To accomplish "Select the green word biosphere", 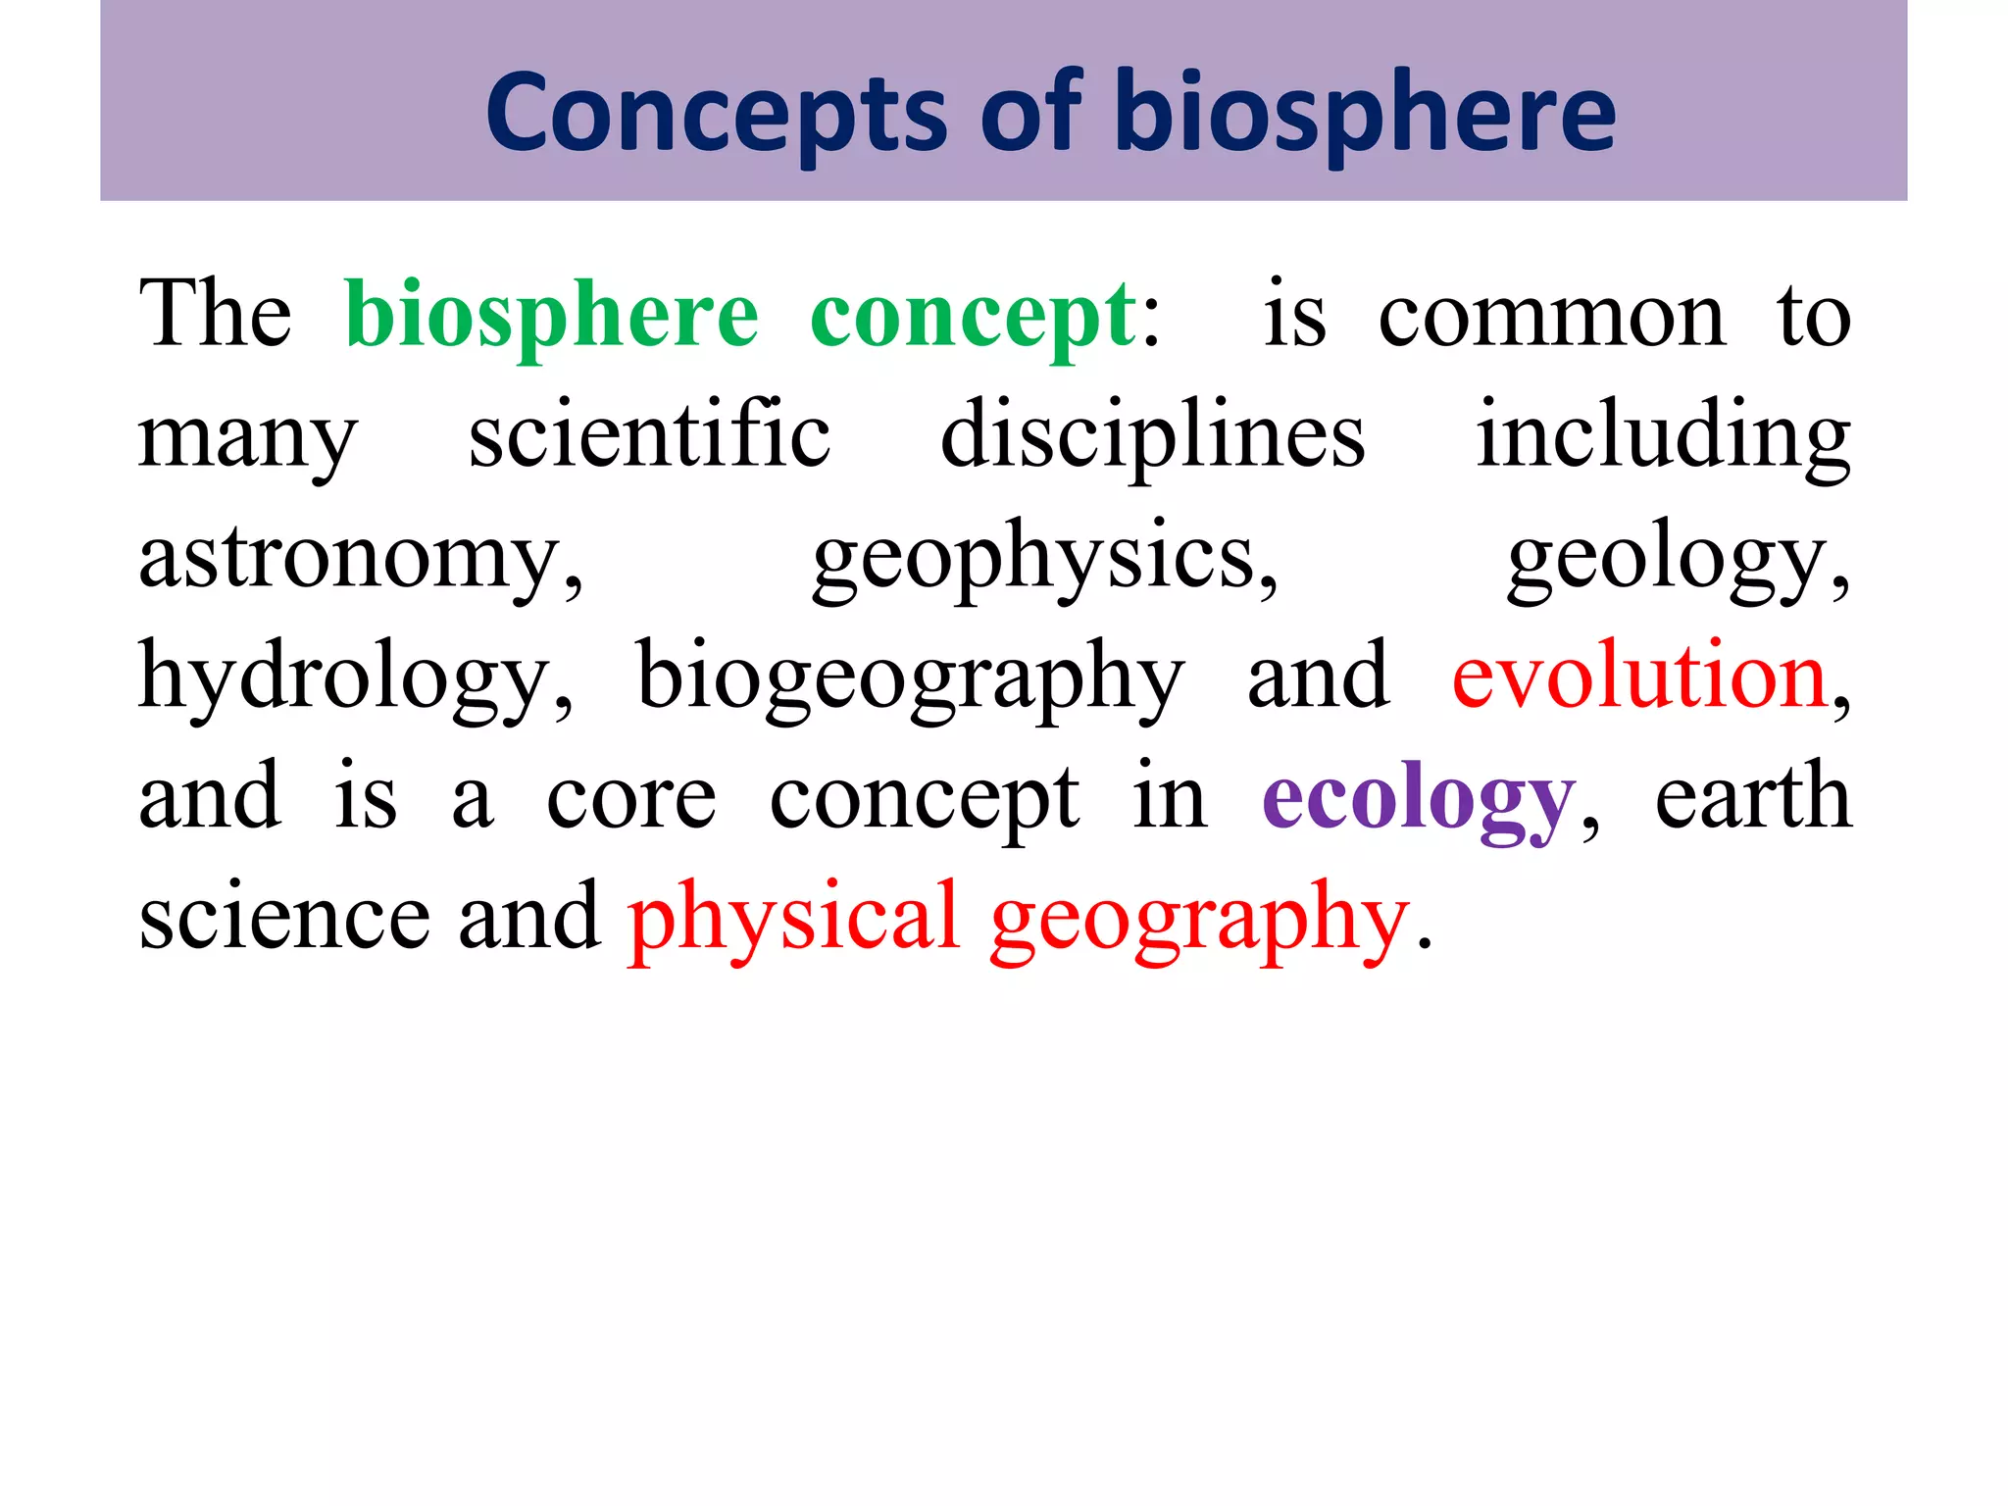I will pos(552,316).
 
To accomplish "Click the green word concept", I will pos(973,316).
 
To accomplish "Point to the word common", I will pos(1551,316).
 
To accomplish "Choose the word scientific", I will pos(649,436).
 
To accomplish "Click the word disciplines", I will pos(1153,436).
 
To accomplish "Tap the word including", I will pos(1663,436).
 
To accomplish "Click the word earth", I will pos(1753,797).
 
